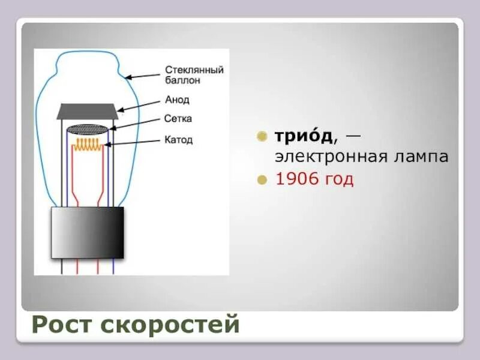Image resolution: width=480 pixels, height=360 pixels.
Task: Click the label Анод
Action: click(176, 100)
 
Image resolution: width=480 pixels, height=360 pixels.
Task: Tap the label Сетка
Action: click(178, 119)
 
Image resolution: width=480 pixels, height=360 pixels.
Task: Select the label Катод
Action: click(179, 140)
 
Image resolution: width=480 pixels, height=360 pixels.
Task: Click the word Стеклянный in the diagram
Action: click(194, 70)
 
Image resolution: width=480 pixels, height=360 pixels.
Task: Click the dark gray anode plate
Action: click(88, 112)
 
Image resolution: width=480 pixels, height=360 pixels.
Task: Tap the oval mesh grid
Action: click(88, 128)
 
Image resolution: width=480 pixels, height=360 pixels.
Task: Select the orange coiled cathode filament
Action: click(88, 144)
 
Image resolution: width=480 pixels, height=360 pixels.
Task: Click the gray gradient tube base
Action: click(88, 233)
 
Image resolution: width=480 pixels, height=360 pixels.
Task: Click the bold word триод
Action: click(303, 136)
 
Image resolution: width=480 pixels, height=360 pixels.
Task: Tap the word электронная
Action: click(329, 157)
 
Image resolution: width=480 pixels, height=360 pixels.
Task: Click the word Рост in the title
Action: click(62, 325)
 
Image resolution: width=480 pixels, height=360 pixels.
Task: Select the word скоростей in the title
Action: click(170, 325)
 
